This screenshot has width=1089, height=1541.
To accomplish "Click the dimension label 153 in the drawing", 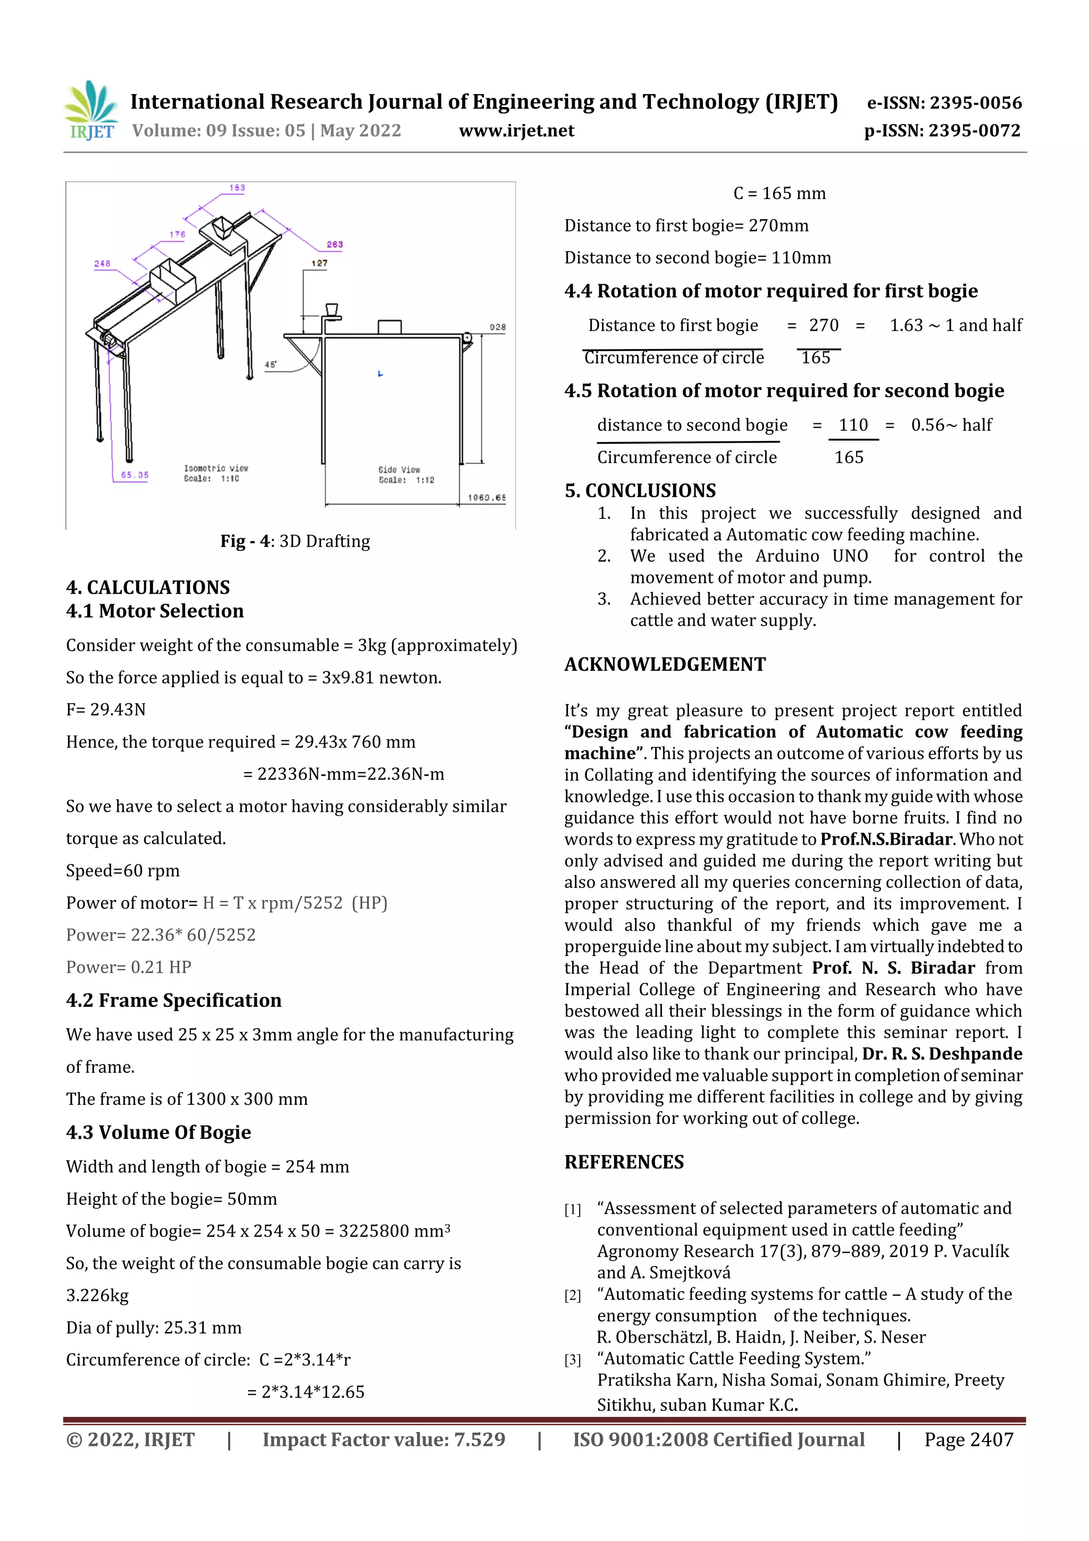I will [x=237, y=188].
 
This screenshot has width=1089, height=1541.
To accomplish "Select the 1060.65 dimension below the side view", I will [x=487, y=497].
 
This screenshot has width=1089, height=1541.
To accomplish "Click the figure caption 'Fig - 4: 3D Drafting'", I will [x=295, y=541].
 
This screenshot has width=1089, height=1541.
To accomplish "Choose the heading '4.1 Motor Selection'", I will [x=155, y=611].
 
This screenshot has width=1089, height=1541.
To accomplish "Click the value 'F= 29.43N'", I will [x=106, y=710].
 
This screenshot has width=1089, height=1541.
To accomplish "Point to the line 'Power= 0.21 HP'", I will [x=129, y=967].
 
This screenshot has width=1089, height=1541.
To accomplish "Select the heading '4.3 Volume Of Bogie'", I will [x=158, y=1132].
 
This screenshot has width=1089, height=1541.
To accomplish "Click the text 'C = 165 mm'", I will [x=779, y=193].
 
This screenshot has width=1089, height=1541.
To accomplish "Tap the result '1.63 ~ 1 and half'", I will [x=956, y=326].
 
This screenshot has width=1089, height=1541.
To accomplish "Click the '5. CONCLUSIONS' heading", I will [x=640, y=490].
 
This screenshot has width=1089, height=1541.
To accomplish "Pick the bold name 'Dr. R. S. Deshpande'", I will [x=942, y=1054].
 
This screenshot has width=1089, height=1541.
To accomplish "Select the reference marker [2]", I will [x=572, y=1295].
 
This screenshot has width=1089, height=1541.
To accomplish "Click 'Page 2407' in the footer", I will [x=968, y=1439].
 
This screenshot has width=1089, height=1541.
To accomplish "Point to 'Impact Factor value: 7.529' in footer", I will [x=384, y=1439].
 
